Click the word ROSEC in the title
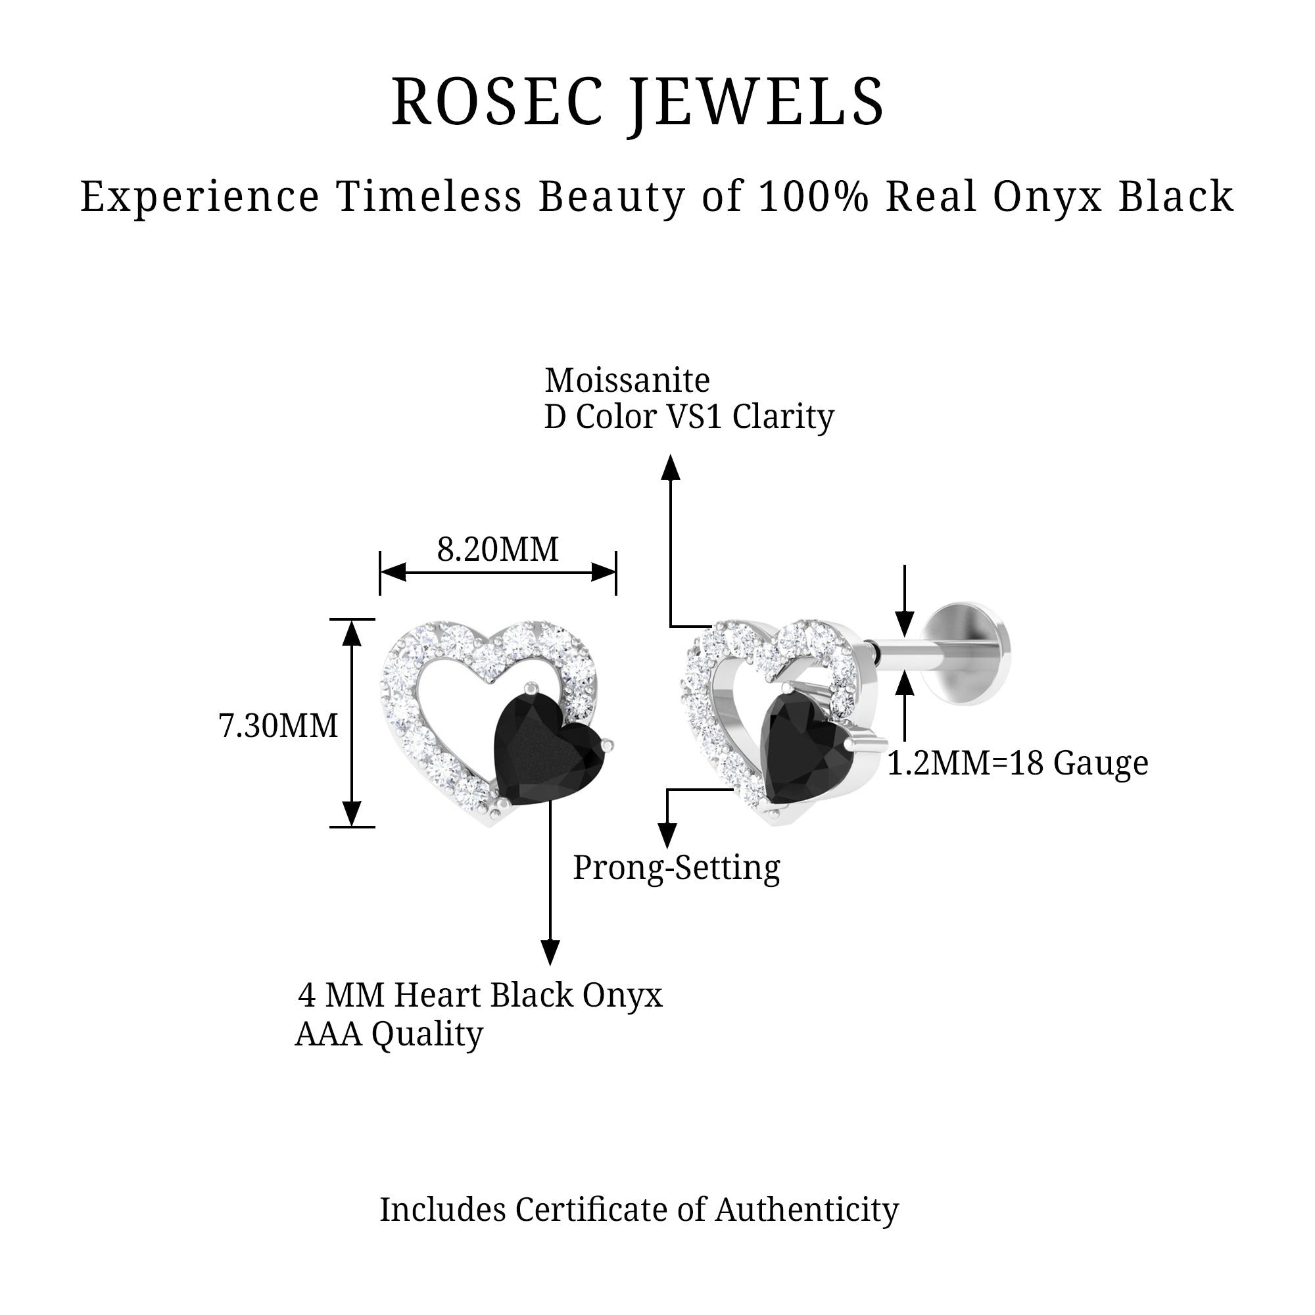coord(498,103)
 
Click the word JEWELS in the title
coord(755,103)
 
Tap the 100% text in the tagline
coord(813,197)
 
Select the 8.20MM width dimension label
coord(498,549)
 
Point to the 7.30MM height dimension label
coord(277,726)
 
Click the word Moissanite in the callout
coord(627,381)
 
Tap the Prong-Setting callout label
coord(676,867)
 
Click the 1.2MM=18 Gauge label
coord(1018,763)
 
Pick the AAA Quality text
coord(389,1033)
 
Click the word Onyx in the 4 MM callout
coord(622,995)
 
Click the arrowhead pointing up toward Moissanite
coord(671,468)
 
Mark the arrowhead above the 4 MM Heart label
coord(550,951)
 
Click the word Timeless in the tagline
coord(429,197)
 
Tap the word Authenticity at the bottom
coord(807,1210)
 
